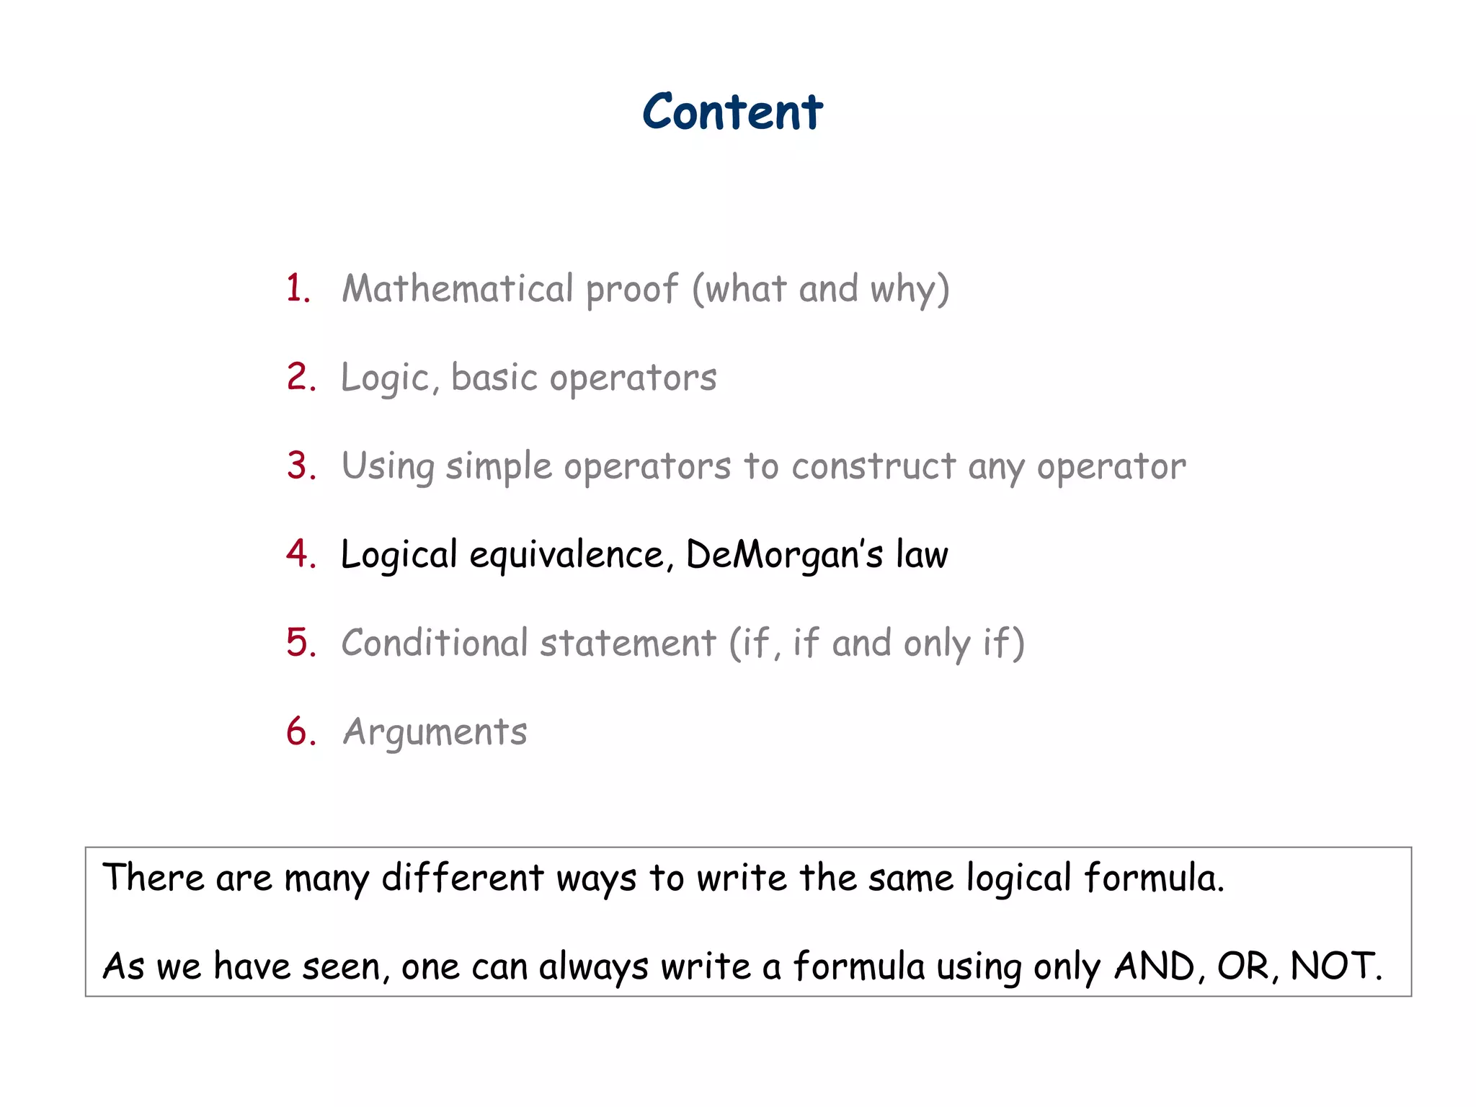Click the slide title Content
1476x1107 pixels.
pyautogui.click(x=732, y=112)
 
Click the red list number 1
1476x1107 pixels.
pyautogui.click(x=297, y=288)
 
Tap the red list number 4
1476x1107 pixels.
pyautogui.click(x=300, y=553)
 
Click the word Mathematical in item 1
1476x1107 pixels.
pyautogui.click(x=457, y=288)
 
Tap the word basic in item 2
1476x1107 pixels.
pyautogui.click(x=494, y=378)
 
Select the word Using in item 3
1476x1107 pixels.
pyautogui.click(x=388, y=467)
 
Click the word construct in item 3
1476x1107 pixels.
pyautogui.click(x=873, y=466)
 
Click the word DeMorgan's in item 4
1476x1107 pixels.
pyautogui.click(x=784, y=555)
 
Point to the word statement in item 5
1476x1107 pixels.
pyautogui.click(x=628, y=643)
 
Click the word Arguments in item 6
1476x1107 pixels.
pyautogui.click(x=435, y=732)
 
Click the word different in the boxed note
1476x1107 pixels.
pyautogui.click(x=462, y=878)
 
